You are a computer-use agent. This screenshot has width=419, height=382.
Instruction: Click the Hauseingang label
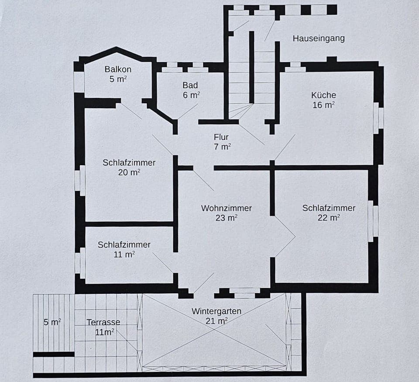(x=318, y=38)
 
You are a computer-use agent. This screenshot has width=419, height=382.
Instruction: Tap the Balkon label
(x=118, y=69)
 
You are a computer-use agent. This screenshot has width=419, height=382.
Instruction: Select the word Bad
(x=190, y=85)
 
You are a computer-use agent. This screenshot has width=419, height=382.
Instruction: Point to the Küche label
(x=323, y=95)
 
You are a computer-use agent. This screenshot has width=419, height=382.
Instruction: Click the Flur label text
(x=221, y=137)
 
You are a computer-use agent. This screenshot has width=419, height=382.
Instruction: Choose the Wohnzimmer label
(x=226, y=208)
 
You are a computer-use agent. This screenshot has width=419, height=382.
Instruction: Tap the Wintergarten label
(x=216, y=311)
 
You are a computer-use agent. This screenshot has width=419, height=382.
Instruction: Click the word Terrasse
(x=103, y=322)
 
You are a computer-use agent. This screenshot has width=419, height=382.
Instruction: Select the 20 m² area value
(x=129, y=173)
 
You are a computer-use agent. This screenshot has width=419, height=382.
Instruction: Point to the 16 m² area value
(x=323, y=105)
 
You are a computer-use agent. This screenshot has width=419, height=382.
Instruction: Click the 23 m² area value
(x=226, y=218)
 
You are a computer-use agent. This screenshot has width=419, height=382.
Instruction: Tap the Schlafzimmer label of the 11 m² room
(x=124, y=245)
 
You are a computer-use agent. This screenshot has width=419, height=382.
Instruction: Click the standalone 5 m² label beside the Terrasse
(x=52, y=322)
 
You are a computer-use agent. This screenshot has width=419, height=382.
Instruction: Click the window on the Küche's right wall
(x=378, y=118)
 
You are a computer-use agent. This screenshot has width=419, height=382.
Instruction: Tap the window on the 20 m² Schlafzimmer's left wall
(x=79, y=180)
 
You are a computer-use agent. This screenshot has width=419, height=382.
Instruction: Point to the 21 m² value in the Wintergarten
(x=216, y=321)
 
